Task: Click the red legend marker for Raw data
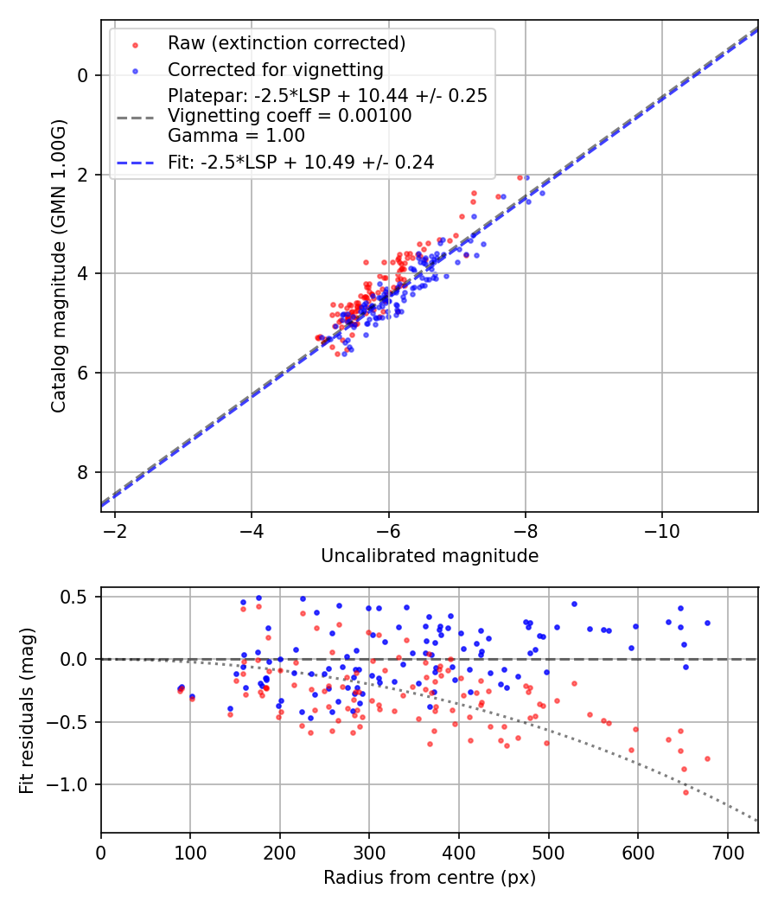[134, 44]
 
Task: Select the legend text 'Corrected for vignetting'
[276, 69]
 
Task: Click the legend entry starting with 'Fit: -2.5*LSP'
[300, 162]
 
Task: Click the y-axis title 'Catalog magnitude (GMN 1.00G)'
[58, 265]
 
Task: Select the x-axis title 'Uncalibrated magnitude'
[430, 556]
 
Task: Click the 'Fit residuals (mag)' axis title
[27, 710]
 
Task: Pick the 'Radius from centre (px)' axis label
[430, 878]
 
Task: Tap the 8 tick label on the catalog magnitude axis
[83, 472]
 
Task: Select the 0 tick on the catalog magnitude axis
[83, 75]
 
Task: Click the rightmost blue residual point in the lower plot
[707, 623]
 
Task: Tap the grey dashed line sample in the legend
[134, 116]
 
